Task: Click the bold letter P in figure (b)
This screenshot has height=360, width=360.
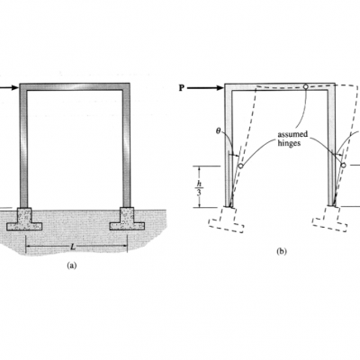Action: pyautogui.click(x=181, y=88)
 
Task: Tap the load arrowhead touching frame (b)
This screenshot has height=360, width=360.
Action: pyautogui.click(x=220, y=88)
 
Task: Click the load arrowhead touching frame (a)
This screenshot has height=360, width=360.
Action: pyautogui.click(x=15, y=87)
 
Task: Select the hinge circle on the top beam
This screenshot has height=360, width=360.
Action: pyautogui.click(x=305, y=86)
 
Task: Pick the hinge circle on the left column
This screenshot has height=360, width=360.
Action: pyautogui.click(x=240, y=166)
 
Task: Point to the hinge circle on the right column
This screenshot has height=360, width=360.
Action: pyautogui.click(x=344, y=165)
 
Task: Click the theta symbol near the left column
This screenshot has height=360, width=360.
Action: pyautogui.click(x=219, y=130)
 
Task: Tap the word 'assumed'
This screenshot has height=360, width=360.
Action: pyautogui.click(x=292, y=135)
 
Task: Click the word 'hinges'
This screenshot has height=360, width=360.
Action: pyautogui.click(x=289, y=143)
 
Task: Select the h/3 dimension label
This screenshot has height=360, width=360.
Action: pyautogui.click(x=199, y=187)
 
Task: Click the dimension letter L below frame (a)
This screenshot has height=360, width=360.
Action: pyautogui.click(x=72, y=247)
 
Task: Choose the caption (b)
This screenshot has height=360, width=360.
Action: pyautogui.click(x=282, y=251)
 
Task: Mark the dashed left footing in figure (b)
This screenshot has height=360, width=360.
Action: pyautogui.click(x=227, y=220)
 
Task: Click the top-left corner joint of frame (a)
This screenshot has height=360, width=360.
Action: pyautogui.click(x=23, y=87)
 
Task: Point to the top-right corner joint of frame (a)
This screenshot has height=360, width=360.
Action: pyautogui.click(x=126, y=87)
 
